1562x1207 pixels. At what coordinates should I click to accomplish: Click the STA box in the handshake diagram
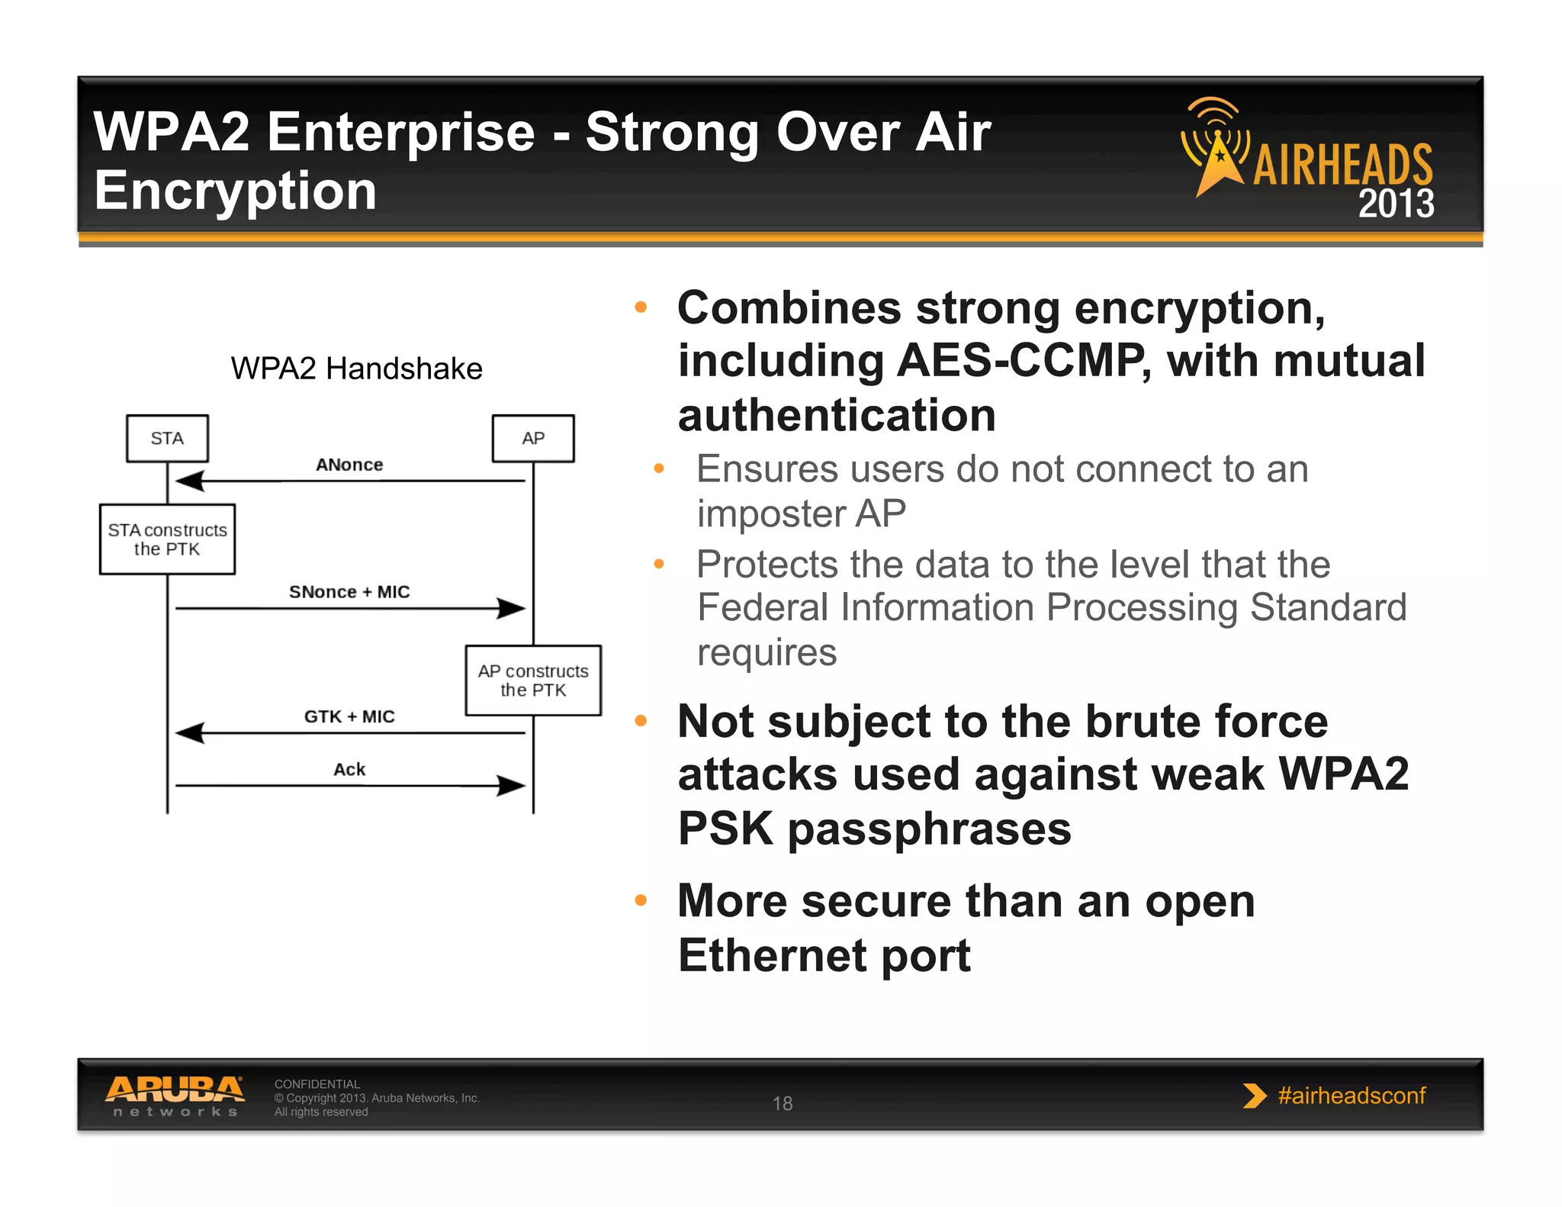pos(167,438)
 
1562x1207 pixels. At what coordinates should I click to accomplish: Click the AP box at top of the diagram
pos(533,438)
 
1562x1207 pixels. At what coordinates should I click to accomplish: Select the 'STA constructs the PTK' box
pos(167,539)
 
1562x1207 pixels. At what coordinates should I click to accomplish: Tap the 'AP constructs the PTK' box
pos(533,680)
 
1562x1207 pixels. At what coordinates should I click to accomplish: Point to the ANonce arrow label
pos(349,465)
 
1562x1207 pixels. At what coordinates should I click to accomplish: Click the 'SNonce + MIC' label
pos(349,592)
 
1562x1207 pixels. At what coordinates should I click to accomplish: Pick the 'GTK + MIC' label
pos(349,716)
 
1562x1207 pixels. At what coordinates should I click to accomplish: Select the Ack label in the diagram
pos(349,769)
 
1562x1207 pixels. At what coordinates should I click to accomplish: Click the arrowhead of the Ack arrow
pos(511,785)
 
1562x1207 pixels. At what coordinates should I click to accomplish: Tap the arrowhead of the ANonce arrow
pos(190,481)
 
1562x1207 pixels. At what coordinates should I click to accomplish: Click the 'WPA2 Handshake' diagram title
pos(356,369)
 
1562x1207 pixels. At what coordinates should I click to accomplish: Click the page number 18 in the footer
pos(783,1103)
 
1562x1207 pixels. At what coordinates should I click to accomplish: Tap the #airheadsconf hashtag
pos(1351,1096)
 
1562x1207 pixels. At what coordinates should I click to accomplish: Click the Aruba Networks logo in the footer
pos(175,1096)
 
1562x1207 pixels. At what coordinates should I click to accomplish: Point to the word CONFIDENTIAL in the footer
pos(317,1084)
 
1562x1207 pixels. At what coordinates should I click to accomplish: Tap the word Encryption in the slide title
pos(236,191)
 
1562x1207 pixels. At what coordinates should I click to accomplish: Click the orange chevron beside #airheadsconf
pos(1253,1096)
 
